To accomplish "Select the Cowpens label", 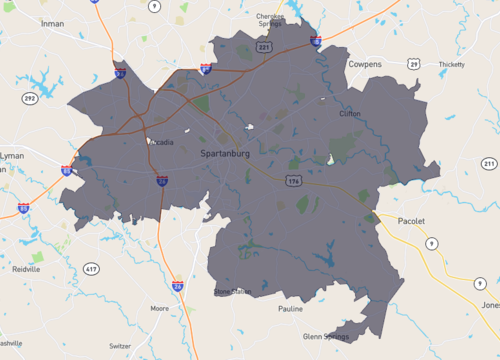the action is [365, 63].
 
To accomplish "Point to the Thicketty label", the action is [452, 64].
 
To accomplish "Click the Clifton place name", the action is [350, 114].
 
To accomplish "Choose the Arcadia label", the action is [160, 142].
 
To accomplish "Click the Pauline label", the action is [290, 309].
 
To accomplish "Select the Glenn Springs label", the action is [326, 337].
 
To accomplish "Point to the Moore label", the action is [159, 309].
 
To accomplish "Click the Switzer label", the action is [120, 345].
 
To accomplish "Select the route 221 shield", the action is [264, 47].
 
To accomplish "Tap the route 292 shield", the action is [31, 99].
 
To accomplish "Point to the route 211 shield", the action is [489, 163].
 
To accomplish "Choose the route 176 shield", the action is [293, 182].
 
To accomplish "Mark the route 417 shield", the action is [92, 270].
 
